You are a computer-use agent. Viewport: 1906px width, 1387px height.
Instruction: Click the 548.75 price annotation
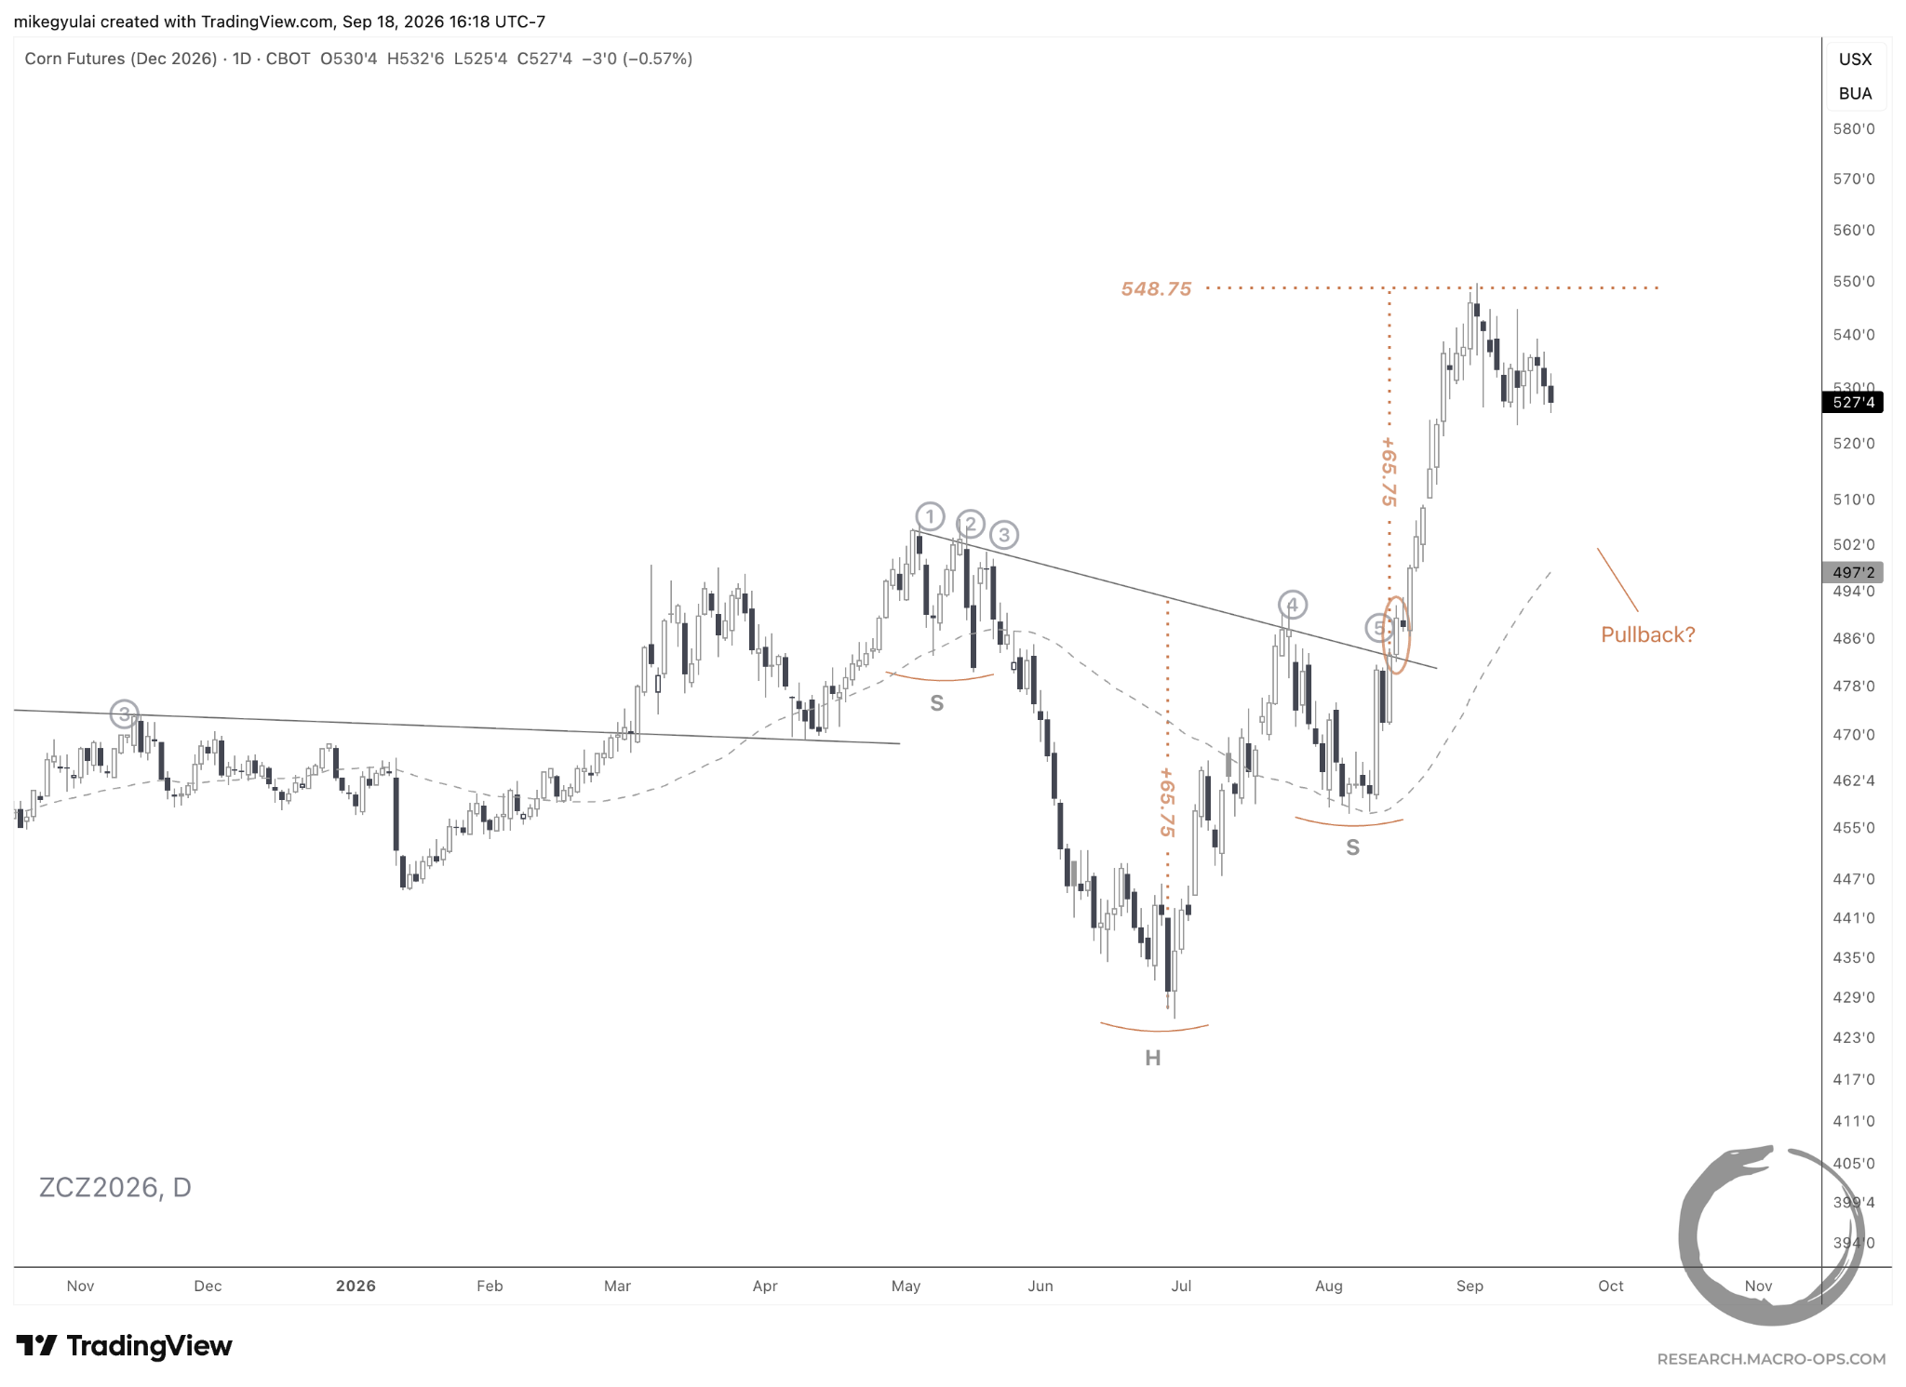[1156, 289]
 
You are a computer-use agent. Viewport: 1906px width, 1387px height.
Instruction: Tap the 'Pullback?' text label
[1647, 634]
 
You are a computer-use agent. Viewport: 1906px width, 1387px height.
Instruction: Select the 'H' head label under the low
[1153, 1058]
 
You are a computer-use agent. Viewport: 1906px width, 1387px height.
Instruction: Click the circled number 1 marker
[930, 516]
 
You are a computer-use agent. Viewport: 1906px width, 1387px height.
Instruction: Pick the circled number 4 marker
[1292, 605]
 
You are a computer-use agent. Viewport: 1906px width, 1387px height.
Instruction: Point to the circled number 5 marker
[1379, 628]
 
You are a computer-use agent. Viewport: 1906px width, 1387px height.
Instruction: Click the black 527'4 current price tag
[1852, 402]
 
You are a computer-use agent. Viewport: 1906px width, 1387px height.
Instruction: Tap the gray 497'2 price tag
[1852, 572]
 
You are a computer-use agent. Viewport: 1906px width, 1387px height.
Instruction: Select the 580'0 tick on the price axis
[1854, 129]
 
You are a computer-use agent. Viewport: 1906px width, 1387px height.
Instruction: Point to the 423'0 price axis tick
[1854, 1037]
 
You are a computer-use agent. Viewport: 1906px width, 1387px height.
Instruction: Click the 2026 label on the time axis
[356, 1286]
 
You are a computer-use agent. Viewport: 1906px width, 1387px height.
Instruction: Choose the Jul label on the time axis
[1181, 1286]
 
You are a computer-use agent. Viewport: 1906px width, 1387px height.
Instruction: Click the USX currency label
[1855, 60]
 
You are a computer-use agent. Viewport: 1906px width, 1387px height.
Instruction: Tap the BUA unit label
[1855, 94]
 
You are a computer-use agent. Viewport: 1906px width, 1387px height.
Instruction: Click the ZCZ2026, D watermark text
[115, 1188]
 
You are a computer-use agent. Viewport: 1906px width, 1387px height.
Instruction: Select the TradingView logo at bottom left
[125, 1346]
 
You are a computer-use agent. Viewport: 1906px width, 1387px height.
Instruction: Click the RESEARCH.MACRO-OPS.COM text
[1771, 1359]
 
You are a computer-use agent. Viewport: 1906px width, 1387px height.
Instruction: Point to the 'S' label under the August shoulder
[1352, 847]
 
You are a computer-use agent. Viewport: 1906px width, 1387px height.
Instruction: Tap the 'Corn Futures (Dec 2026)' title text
[121, 59]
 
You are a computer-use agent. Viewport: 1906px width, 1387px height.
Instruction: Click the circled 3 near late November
[124, 714]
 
